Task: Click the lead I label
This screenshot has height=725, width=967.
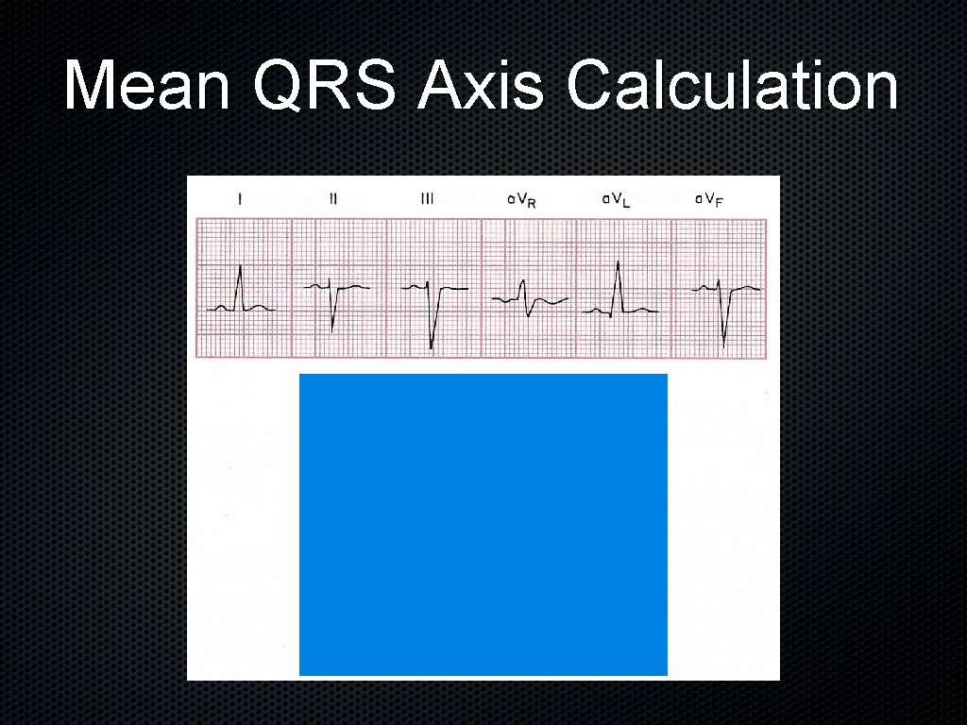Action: (x=240, y=199)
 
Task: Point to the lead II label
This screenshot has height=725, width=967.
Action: (x=333, y=199)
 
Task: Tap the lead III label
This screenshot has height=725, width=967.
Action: (x=427, y=199)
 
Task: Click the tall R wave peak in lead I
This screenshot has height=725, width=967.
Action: (x=241, y=267)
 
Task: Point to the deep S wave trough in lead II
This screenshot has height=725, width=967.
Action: (x=333, y=329)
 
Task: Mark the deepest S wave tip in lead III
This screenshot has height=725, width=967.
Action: (x=432, y=347)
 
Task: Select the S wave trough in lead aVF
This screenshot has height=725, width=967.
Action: (x=724, y=345)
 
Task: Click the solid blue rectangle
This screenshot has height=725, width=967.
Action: (x=483, y=524)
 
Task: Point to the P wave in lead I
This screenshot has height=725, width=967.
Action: (x=221, y=305)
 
